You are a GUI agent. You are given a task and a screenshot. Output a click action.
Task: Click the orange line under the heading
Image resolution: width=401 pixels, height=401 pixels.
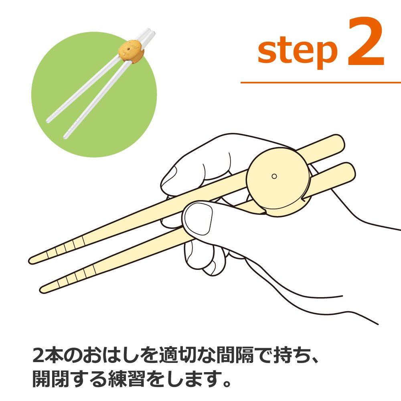321,82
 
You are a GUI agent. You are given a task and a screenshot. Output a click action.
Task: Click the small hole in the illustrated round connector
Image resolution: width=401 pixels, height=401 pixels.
274,176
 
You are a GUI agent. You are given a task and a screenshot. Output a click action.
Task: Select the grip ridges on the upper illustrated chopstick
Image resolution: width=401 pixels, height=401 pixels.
65,247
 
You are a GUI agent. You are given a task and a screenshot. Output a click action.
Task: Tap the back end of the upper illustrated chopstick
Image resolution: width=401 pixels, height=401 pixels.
340,142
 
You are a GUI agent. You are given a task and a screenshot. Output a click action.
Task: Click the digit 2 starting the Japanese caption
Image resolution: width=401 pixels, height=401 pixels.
39,355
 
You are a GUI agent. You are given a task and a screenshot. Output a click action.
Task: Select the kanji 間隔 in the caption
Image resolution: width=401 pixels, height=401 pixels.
235,355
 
